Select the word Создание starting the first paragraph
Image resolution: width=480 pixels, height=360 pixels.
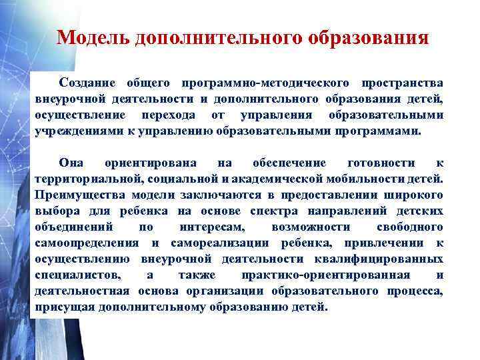pos(87,83)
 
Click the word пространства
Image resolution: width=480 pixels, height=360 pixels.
pos(402,83)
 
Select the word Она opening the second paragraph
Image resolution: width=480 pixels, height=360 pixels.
pos(71,163)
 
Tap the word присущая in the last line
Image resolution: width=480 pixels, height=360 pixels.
pos(64,307)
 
